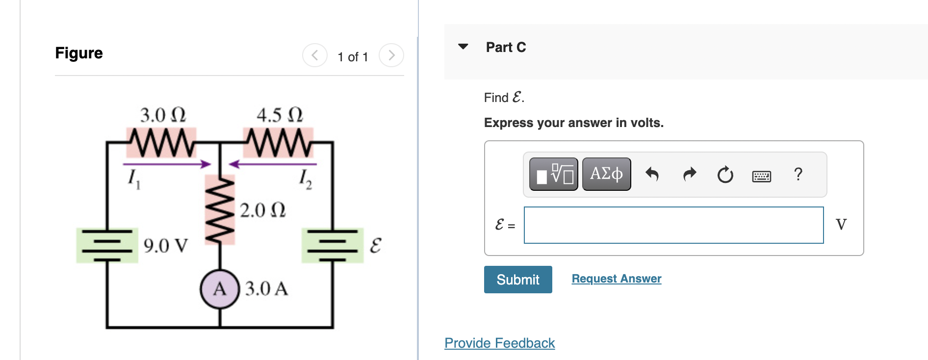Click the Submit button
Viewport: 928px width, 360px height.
[517, 280]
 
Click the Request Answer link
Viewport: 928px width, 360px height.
[616, 279]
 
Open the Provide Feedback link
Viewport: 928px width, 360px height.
[499, 343]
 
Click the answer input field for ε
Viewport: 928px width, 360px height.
[673, 225]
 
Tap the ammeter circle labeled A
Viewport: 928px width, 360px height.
[219, 289]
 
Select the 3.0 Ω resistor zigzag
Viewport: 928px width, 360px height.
[161, 143]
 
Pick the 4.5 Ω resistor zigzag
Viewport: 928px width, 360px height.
[278, 143]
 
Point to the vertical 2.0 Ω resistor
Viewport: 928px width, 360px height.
[220, 210]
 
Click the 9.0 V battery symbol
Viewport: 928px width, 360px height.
[107, 245]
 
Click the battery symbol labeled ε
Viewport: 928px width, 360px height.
[333, 245]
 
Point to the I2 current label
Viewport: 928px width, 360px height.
[305, 179]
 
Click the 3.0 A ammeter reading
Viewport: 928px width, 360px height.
[266, 288]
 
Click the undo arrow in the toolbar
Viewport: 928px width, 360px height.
[652, 174]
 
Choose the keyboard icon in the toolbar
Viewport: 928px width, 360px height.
[761, 176]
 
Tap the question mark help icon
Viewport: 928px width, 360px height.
[798, 174]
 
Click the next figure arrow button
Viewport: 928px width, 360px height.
[391, 55]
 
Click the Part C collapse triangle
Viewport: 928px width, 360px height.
[463, 47]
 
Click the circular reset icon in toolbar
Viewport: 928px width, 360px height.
[725, 175]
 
